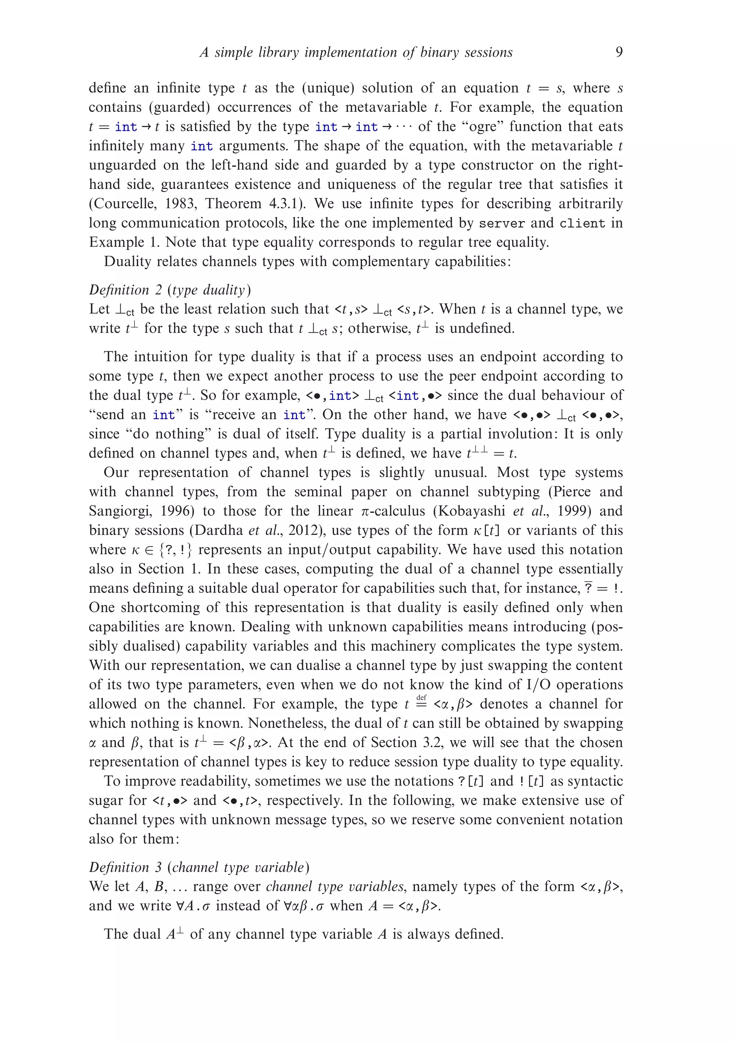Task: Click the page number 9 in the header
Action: (x=619, y=52)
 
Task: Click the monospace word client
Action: (x=582, y=223)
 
